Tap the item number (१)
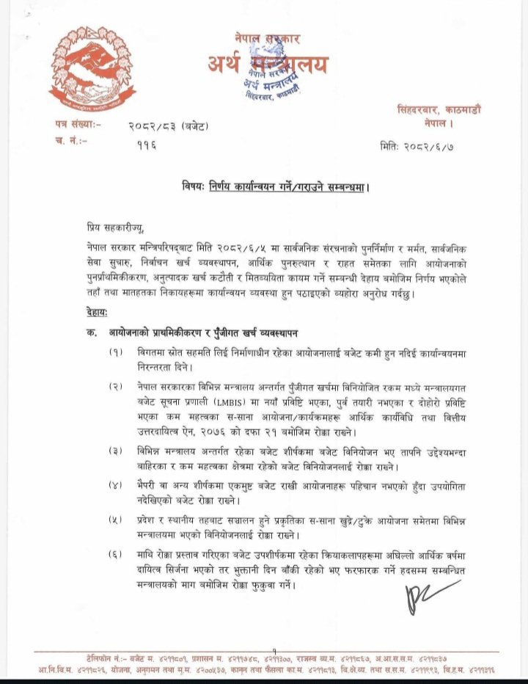pyautogui.click(x=115, y=354)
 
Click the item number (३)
pyautogui.click(x=115, y=451)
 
